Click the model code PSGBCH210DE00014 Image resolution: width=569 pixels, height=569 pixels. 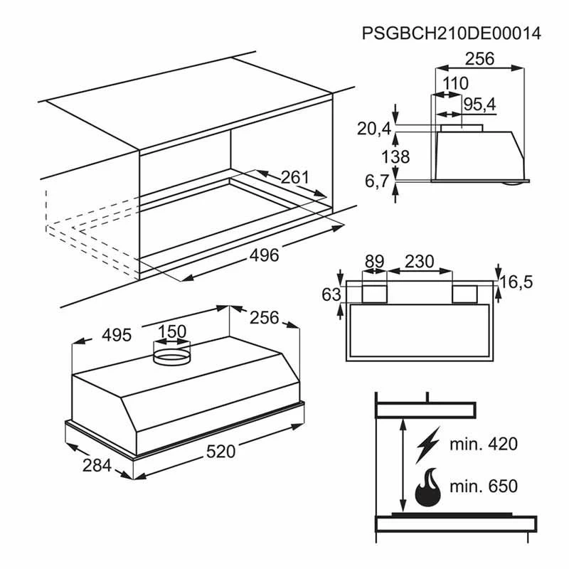(x=452, y=33)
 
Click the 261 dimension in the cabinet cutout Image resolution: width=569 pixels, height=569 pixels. (x=294, y=177)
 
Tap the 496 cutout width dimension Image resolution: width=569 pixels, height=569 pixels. (x=264, y=255)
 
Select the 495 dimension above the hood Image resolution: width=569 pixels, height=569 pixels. (x=117, y=335)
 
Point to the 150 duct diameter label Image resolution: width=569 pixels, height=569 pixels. (x=172, y=331)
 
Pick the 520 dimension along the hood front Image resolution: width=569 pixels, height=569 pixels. (x=221, y=452)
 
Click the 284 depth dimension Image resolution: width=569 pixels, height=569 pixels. (x=97, y=466)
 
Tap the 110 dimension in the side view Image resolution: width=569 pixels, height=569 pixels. (x=455, y=83)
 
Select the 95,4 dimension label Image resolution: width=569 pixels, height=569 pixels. (x=479, y=105)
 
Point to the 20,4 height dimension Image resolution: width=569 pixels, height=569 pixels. (x=374, y=129)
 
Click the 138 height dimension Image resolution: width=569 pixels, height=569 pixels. (x=395, y=156)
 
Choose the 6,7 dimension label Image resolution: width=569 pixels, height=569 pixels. (x=377, y=181)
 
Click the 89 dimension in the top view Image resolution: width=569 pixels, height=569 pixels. (x=374, y=261)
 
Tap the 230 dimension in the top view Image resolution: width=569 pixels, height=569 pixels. (x=419, y=261)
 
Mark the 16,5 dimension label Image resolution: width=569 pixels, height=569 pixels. (x=516, y=282)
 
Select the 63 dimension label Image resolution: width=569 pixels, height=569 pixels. (x=331, y=294)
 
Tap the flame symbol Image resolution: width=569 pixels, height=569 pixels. (x=428, y=487)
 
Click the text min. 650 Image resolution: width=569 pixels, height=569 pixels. (x=484, y=486)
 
